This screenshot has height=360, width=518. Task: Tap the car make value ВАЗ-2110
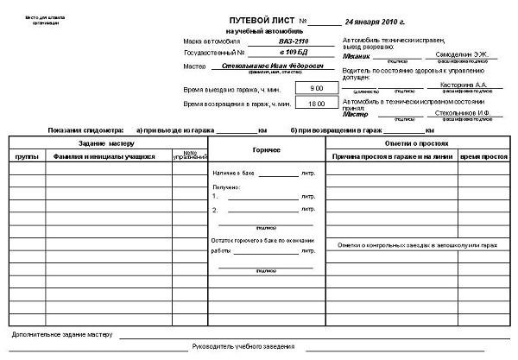pos(293,41)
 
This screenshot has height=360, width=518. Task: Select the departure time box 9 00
pos(316,88)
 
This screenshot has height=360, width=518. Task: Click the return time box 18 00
pos(316,103)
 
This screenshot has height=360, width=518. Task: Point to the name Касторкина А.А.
pos(464,86)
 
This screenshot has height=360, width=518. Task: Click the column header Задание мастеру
pos(107,142)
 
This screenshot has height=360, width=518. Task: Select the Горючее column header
pos(266,150)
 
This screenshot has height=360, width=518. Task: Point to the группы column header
pos(27,157)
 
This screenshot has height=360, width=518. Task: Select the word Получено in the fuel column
pos(225,186)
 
